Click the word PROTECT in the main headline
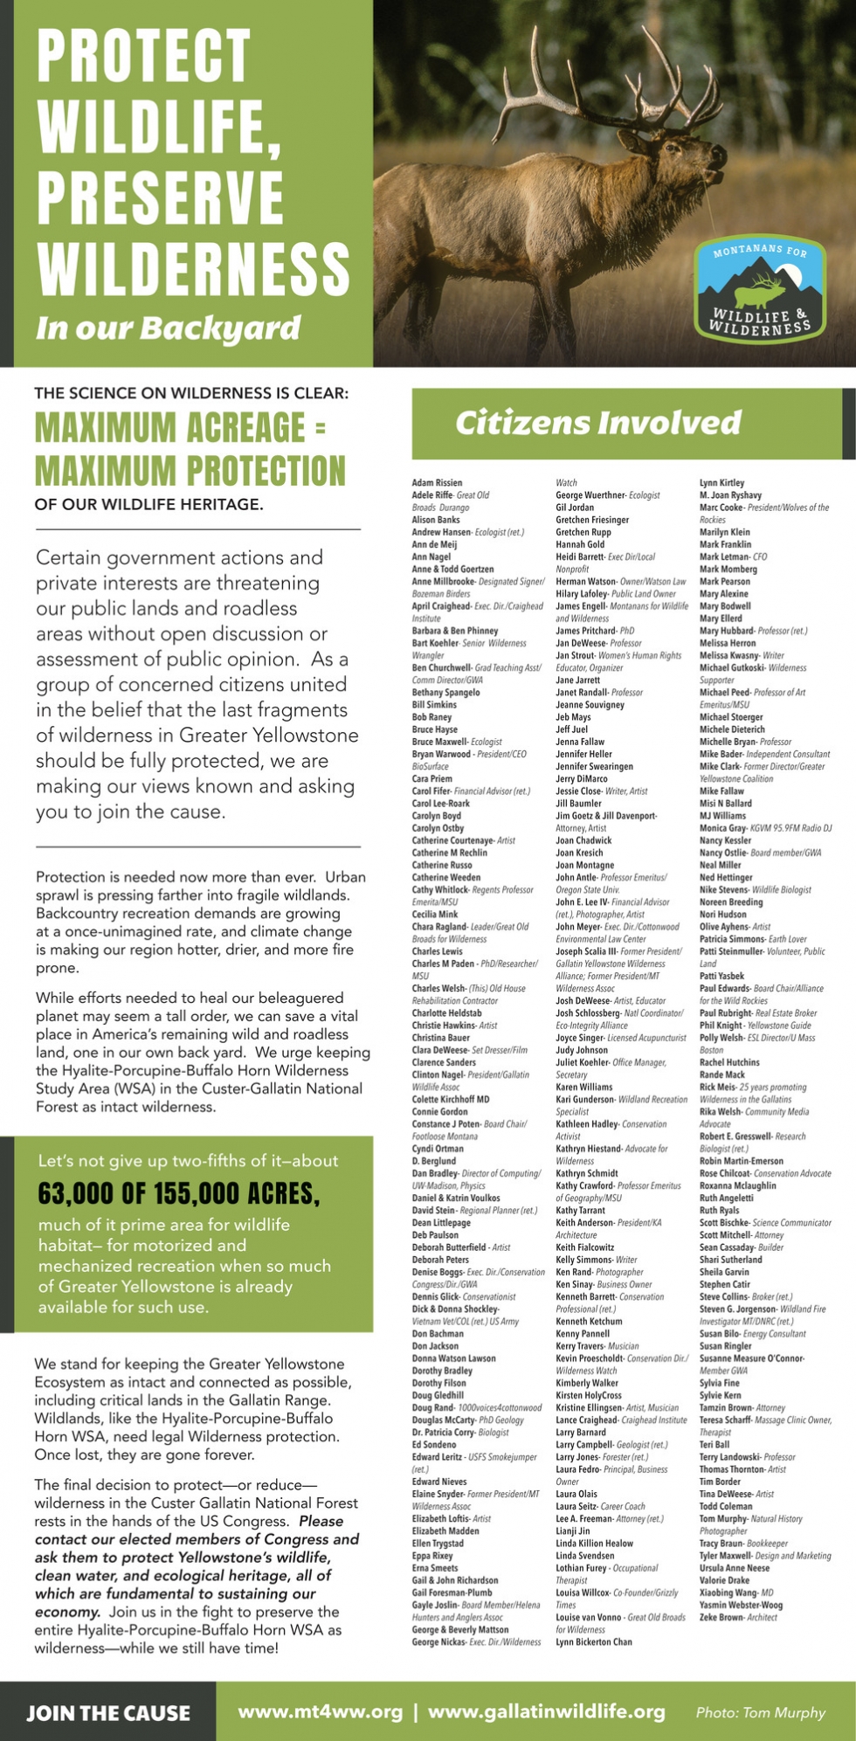[x=144, y=56]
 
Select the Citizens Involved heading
[x=598, y=424]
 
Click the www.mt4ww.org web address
[x=321, y=1711]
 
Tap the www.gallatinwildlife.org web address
[x=547, y=1711]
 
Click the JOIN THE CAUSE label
[x=108, y=1713]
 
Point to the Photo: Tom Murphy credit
[x=760, y=1712]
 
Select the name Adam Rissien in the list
[x=437, y=483]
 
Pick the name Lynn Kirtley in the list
[x=721, y=483]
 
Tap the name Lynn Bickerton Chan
[x=593, y=1641]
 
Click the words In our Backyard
[x=169, y=328]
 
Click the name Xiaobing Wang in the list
[x=728, y=1592]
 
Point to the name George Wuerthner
[x=590, y=495]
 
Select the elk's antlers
[x=611, y=79]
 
